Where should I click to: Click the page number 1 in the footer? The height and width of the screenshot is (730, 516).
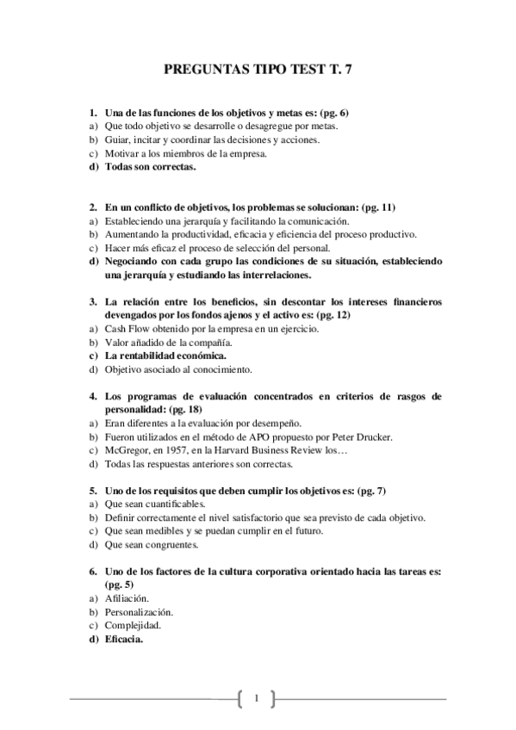click(256, 697)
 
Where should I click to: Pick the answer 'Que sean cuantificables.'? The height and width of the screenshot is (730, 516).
click(155, 504)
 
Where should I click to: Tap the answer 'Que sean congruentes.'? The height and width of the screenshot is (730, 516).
click(152, 544)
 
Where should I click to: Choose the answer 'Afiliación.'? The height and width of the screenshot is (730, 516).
click(127, 598)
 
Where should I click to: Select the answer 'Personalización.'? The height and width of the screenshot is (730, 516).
click(139, 612)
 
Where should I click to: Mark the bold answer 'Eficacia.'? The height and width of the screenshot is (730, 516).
click(124, 640)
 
